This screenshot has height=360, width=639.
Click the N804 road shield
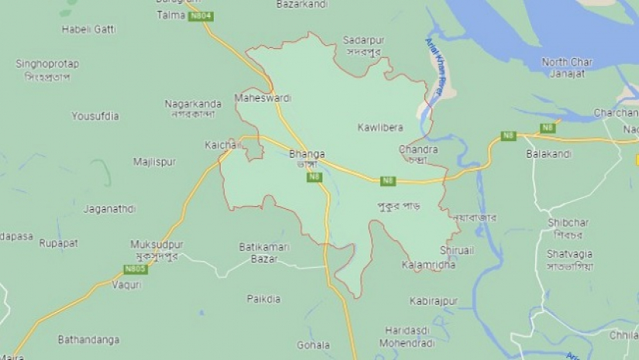201,16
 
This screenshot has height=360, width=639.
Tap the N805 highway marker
136,269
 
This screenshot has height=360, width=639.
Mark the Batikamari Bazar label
263,252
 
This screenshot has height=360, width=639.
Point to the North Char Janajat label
567,67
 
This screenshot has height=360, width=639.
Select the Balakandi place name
548,154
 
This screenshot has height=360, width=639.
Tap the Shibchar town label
569,222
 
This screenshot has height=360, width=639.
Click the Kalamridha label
428,266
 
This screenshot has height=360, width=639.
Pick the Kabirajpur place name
434,300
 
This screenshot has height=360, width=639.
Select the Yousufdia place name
95,117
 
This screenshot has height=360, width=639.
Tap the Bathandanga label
88,339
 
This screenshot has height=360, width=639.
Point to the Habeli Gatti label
88,29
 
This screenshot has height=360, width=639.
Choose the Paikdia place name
263,299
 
